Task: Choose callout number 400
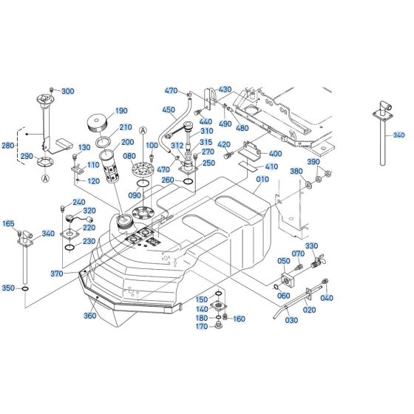(x=276, y=154)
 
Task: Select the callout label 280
(x=8, y=146)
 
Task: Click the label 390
(x=313, y=162)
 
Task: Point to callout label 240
(x=78, y=203)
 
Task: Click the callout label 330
(x=311, y=246)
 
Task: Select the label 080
(x=129, y=156)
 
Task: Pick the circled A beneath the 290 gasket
(x=46, y=178)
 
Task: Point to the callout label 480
(x=242, y=127)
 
